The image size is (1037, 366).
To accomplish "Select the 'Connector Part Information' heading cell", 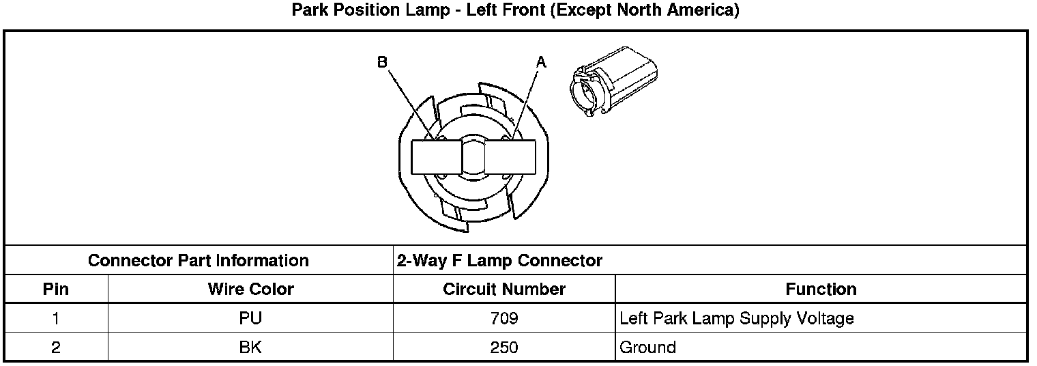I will [x=199, y=261].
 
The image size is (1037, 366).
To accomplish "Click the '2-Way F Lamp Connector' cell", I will [x=499, y=261].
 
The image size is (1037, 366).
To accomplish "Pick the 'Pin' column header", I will [x=55, y=290].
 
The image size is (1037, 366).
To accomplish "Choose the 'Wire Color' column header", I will [x=250, y=290].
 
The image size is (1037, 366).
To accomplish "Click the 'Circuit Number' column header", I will [x=504, y=290].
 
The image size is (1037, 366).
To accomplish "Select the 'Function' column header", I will [x=821, y=290].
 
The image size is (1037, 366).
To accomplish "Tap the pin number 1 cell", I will [x=55, y=318].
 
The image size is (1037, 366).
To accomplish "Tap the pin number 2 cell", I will [x=55, y=348].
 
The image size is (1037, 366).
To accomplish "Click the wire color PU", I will [x=250, y=318].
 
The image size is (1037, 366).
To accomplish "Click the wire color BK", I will [x=250, y=348].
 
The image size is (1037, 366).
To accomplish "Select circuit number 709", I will [x=504, y=318].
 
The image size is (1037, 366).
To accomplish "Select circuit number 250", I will [x=504, y=348].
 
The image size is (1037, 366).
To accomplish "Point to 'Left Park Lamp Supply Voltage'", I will [x=736, y=318].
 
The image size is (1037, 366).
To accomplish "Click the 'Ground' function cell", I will [x=647, y=348].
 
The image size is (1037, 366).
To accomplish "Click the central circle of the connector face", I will [x=473, y=157].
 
